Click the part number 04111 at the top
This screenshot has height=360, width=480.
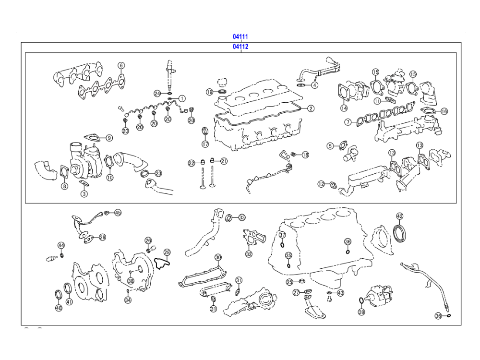pos(240,36)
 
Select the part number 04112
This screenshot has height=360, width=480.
pos(240,47)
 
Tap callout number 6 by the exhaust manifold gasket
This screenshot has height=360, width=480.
pos(121,65)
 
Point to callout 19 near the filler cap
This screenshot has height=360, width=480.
pos(209,92)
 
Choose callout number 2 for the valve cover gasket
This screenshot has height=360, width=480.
pos(311,108)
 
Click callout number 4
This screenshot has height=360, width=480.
pos(314,85)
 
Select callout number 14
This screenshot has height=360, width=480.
pos(344,108)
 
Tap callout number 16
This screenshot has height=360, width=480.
pos(444,111)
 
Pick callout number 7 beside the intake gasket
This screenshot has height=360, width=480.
pos(348,122)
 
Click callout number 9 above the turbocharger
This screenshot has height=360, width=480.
pos(109,138)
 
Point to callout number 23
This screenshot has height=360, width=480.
pos(158,173)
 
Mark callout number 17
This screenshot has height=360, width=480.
pos(205,144)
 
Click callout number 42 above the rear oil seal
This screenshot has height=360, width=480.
pos(399,216)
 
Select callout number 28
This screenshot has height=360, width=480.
pos(167,252)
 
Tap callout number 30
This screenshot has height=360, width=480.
pos(218,257)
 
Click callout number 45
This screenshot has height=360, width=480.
pos(118,212)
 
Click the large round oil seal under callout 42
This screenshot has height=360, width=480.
pos(399,232)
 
